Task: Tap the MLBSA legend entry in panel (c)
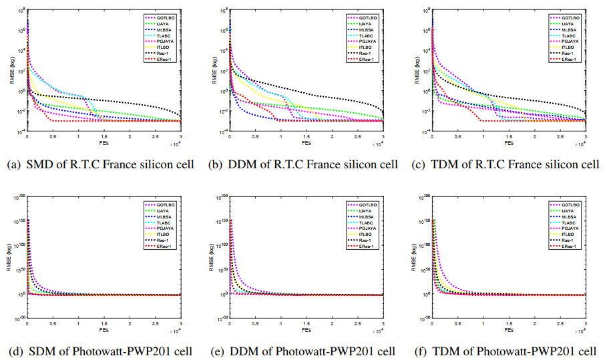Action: [x=567, y=29]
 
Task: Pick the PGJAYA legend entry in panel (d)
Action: [x=161, y=228]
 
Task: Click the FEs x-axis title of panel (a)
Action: [x=104, y=143]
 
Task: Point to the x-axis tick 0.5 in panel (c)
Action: [x=458, y=136]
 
